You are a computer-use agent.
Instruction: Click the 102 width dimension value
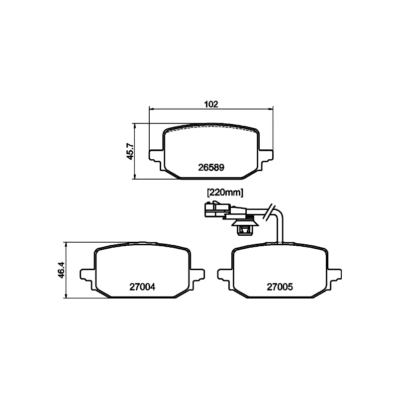coord(211,104)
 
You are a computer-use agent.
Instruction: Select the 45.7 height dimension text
coord(130,151)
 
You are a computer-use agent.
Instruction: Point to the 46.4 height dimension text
coord(61,270)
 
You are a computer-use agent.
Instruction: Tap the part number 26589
coord(211,168)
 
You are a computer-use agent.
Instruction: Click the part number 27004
coord(142,287)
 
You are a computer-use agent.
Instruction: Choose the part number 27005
coord(280,287)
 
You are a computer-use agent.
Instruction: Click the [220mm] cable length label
coord(225,193)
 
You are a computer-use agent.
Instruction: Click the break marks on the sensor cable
coord(269,212)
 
